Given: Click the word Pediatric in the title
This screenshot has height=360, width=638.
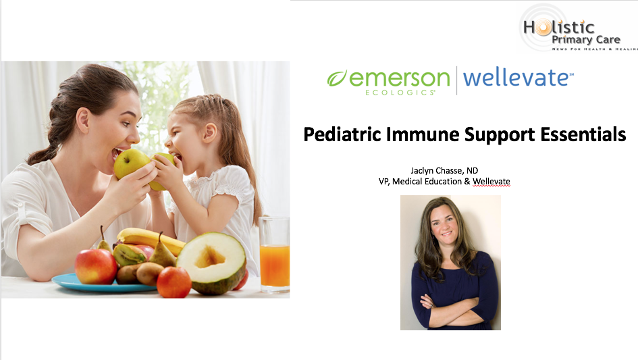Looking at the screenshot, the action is (342, 134).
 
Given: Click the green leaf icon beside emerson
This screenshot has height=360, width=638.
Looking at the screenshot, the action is (337, 78).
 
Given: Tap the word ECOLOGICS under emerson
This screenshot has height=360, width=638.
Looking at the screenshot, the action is (400, 93).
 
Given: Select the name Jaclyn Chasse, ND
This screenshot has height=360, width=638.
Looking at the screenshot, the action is (444, 171).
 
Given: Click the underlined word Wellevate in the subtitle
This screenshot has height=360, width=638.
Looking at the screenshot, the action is (491, 182).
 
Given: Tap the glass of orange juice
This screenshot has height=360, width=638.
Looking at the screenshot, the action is (274, 255).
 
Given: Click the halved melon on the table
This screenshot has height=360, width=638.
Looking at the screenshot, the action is (211, 263).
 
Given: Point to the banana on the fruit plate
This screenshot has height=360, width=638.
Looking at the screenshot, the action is (151, 240).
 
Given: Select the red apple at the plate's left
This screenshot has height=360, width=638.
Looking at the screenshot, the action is (96, 266).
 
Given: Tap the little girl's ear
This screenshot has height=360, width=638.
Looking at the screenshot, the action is (211, 133).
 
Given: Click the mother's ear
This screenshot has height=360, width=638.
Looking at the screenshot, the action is (83, 120).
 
